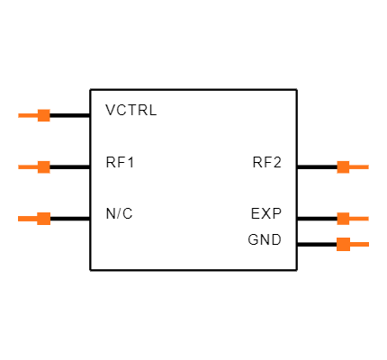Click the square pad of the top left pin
tap(43, 115)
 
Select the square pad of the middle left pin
tap(43, 166)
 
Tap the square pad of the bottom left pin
tap(43, 218)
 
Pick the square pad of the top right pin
tap(343, 166)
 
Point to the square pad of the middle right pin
tap(343, 218)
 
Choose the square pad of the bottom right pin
tap(343, 244)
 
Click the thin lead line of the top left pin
tap(27, 115)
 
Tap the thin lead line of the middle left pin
tap(27, 166)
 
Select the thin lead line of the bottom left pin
tap(27, 218)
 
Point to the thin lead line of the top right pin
tap(359, 166)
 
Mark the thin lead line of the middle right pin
tap(359, 218)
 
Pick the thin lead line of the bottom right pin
tap(359, 244)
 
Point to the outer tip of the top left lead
tap(19, 115)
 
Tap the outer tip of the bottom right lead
tap(367, 244)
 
